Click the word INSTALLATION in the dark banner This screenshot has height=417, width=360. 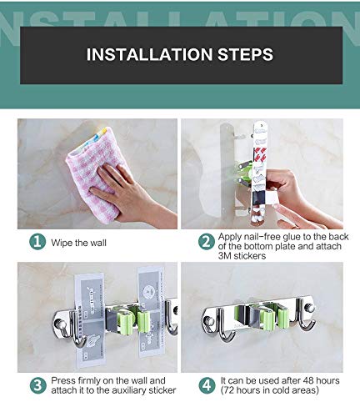click(x=149, y=54)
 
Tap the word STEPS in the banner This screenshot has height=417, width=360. click(x=245, y=54)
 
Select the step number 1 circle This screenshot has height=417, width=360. click(x=37, y=242)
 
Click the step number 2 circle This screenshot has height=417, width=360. click(x=207, y=242)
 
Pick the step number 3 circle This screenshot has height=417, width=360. click(x=37, y=385)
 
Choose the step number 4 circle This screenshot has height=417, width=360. click(x=207, y=385)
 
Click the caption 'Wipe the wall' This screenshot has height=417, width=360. click(x=78, y=243)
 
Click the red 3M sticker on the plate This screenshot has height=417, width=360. click(x=260, y=155)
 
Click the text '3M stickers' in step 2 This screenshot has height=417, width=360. click(x=242, y=256)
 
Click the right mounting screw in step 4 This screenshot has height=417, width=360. click(x=310, y=308)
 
